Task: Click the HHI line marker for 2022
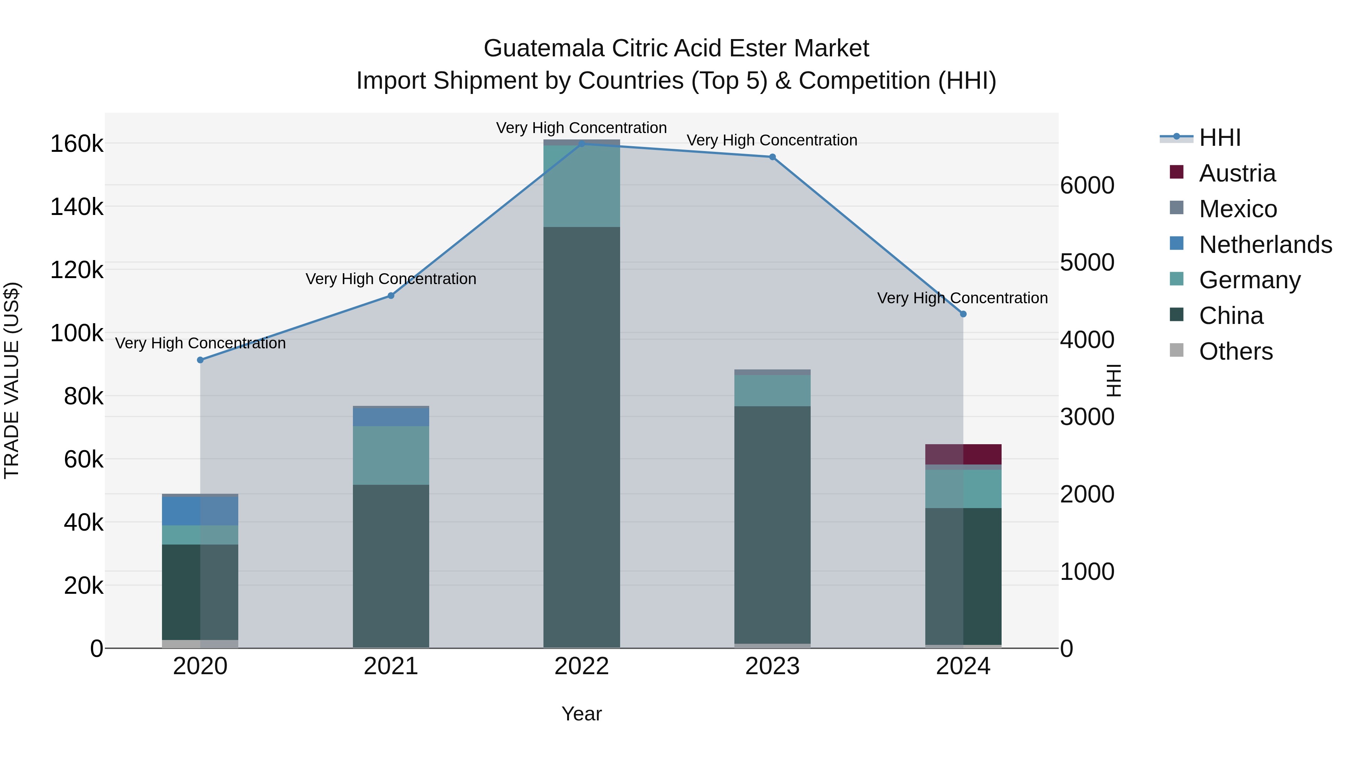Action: [581, 144]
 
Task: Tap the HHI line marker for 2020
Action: [200, 360]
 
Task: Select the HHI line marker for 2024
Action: [963, 314]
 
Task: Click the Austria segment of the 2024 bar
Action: [963, 454]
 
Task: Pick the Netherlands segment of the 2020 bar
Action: [200, 511]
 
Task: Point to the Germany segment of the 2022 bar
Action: [581, 186]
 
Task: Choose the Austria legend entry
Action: [1237, 173]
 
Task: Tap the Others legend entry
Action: [1235, 351]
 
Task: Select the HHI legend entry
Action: [1220, 138]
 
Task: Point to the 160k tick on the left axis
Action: [77, 144]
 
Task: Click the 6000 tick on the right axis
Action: [1087, 185]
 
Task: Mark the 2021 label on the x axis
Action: [391, 666]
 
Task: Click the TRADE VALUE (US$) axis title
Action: [12, 380]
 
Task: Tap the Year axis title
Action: [581, 714]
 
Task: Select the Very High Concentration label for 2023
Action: [772, 140]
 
